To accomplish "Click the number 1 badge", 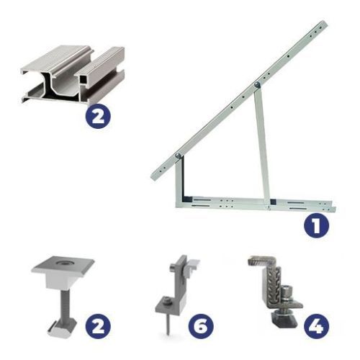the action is point(316,225).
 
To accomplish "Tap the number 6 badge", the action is point(201,326).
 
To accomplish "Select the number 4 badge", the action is point(317,326).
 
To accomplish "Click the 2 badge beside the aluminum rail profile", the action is point(98,116).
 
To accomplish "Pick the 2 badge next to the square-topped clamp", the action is point(98,326).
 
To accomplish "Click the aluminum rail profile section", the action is point(73,74).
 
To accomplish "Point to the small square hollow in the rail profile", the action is point(84,78).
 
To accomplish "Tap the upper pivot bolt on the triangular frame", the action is point(257,84).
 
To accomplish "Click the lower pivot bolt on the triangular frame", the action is point(178,156).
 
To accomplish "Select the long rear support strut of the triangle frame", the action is point(262,144).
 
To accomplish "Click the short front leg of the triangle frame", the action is point(178,180).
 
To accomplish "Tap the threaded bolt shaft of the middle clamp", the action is point(65,304).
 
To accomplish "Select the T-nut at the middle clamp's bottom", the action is point(61,328).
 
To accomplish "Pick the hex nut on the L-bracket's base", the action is point(166,300).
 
